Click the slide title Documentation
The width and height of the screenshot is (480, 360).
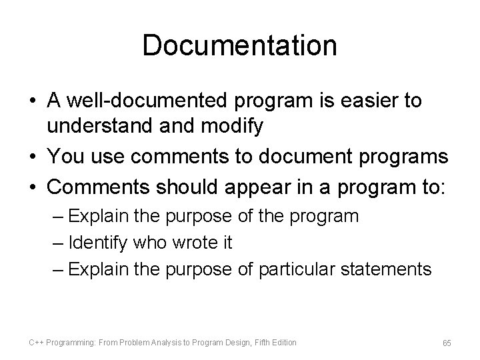point(239,45)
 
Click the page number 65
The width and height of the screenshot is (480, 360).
point(447,343)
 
